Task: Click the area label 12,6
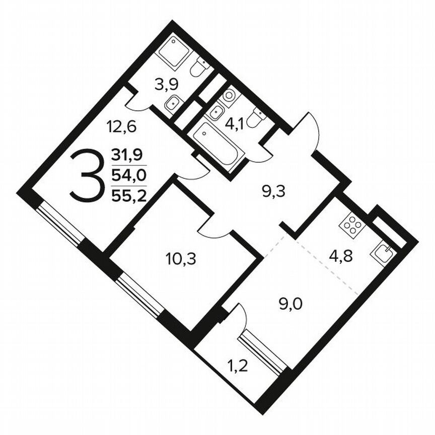(x=121, y=125)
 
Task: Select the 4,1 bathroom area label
(x=234, y=123)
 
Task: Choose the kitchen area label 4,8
(x=340, y=256)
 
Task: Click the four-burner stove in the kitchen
(x=351, y=227)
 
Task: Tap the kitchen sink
(x=383, y=252)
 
